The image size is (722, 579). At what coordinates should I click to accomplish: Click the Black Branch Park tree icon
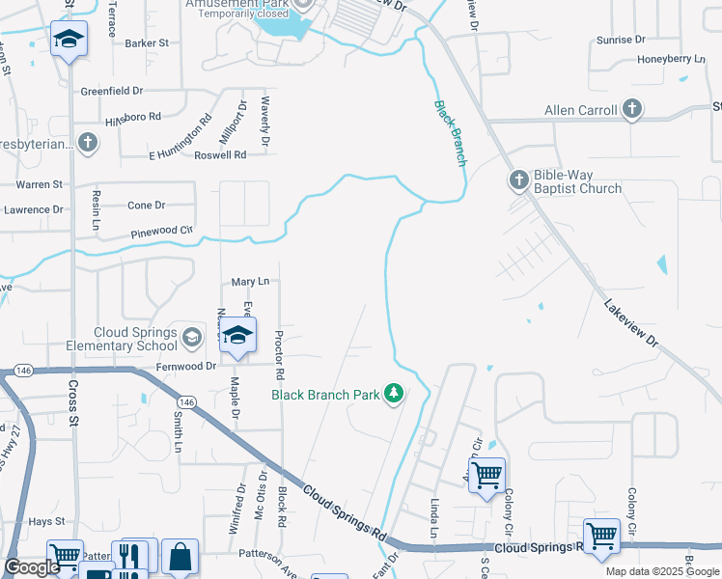(393, 393)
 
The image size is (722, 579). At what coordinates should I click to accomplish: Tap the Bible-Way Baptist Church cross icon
(518, 179)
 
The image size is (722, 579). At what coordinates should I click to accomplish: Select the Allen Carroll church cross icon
(632, 109)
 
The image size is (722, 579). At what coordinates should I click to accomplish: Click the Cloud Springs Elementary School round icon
(191, 336)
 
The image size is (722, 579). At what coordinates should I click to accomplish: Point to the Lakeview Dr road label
(630, 324)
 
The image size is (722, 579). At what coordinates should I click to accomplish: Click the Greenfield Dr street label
(112, 91)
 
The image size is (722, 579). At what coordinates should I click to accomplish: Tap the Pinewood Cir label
(162, 233)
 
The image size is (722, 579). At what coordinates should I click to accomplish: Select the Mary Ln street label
(249, 281)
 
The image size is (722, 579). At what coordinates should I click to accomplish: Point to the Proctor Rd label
(278, 353)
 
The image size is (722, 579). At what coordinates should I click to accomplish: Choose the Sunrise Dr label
(621, 40)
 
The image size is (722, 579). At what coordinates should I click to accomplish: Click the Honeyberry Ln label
(672, 60)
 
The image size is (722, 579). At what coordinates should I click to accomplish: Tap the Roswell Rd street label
(220, 155)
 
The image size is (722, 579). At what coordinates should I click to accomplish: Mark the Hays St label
(45, 521)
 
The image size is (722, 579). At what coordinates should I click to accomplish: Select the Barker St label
(147, 43)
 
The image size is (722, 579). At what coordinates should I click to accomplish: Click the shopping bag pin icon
(180, 557)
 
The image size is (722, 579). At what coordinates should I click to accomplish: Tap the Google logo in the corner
(32, 567)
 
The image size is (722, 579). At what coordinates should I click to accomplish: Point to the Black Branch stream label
(449, 132)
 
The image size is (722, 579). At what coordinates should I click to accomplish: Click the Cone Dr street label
(147, 205)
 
